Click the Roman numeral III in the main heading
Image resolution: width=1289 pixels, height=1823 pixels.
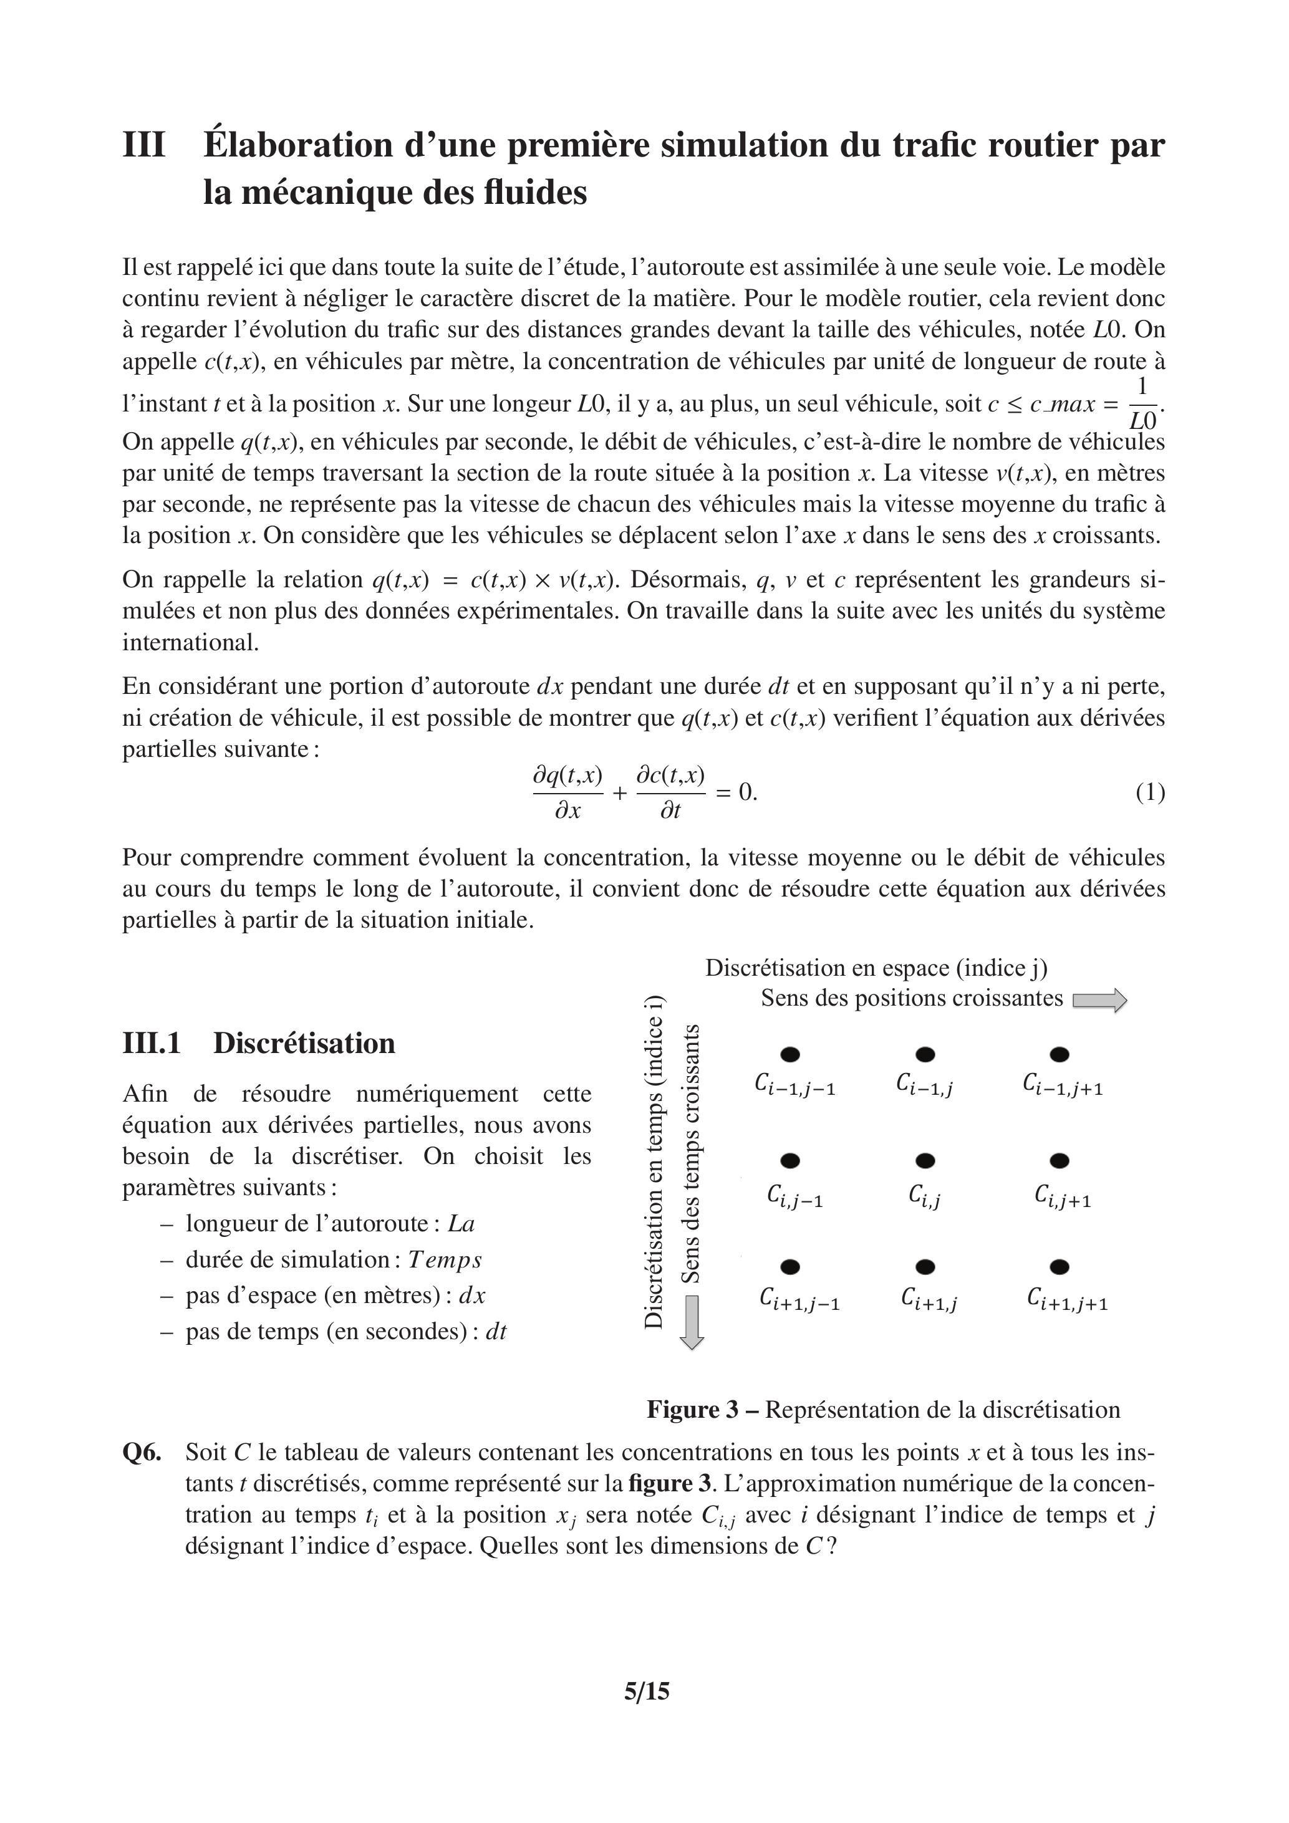point(144,145)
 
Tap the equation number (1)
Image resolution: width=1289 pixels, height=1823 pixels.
point(1150,792)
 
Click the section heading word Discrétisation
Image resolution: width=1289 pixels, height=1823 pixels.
point(304,1042)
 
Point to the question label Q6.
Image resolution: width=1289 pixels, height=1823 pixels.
point(142,1452)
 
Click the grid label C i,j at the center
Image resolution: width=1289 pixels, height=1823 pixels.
point(924,1195)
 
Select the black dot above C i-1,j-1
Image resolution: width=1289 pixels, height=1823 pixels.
point(790,1054)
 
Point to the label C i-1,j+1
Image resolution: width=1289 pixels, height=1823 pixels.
point(1063,1085)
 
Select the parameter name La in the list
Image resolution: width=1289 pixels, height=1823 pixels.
point(461,1223)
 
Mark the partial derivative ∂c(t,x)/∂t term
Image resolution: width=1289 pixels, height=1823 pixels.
point(671,792)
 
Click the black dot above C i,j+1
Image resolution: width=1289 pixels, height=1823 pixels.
point(1060,1161)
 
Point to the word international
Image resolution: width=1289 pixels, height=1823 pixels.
point(191,642)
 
